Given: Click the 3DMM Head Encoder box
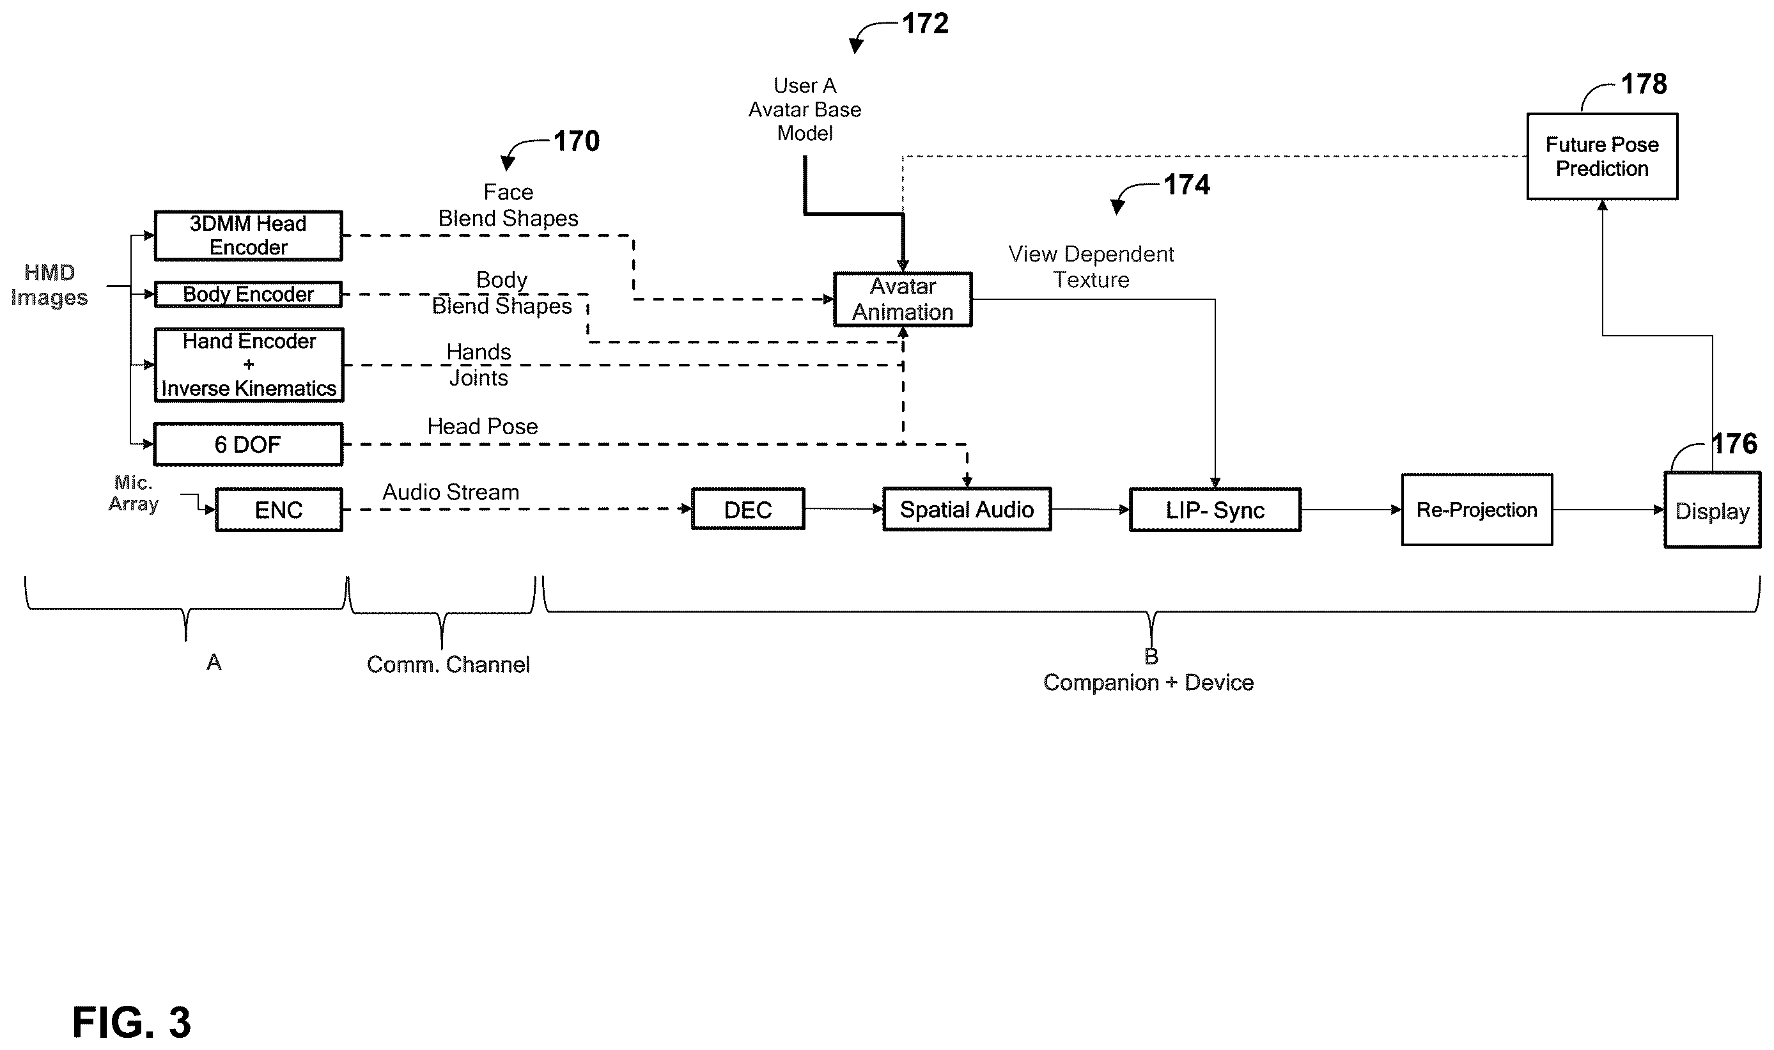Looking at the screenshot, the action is pyautogui.click(x=248, y=235).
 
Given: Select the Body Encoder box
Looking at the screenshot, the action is pyautogui.click(x=248, y=294).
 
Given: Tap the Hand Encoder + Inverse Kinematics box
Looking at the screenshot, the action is pyautogui.click(x=249, y=365).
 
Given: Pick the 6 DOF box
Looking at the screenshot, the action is pyautogui.click(x=248, y=444).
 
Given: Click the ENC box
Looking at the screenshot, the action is pyautogui.click(x=279, y=510).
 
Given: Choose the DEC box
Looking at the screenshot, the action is pyautogui.click(x=748, y=509).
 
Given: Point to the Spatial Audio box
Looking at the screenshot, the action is pyautogui.click(x=967, y=509).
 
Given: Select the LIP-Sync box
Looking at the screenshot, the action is pyautogui.click(x=1215, y=510).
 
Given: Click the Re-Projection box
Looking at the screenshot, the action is pyautogui.click(x=1477, y=510).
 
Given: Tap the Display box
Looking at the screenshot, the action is pyautogui.click(x=1713, y=510).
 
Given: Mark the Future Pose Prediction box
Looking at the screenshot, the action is pyautogui.click(x=1602, y=157).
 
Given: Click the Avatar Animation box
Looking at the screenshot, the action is pyautogui.click(x=903, y=299).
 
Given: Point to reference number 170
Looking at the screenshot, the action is pyautogui.click(x=577, y=141).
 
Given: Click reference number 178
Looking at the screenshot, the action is pyautogui.click(x=1644, y=84).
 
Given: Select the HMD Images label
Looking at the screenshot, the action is pyautogui.click(x=49, y=285).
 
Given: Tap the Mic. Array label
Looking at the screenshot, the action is pyautogui.click(x=133, y=493).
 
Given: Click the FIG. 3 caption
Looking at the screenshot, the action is pyautogui.click(x=132, y=1022).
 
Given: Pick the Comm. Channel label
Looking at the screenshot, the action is pyautogui.click(x=448, y=664).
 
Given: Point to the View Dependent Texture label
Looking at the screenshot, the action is pyautogui.click(x=1091, y=267).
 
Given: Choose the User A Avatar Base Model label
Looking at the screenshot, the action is pyautogui.click(x=805, y=110).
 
